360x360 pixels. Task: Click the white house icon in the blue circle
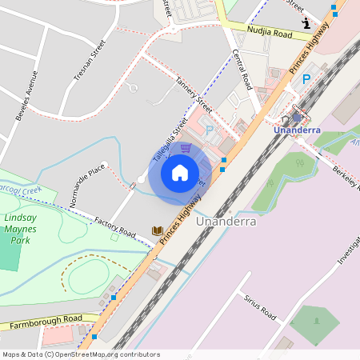click(x=180, y=172)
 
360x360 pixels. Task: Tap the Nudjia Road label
click(x=270, y=34)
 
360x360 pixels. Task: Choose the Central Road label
click(x=242, y=70)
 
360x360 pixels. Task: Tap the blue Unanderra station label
click(x=297, y=130)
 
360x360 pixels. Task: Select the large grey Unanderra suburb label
click(x=226, y=222)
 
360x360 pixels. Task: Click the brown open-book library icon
click(x=158, y=230)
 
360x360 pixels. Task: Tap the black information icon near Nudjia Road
click(x=306, y=24)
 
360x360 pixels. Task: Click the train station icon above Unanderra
click(x=297, y=117)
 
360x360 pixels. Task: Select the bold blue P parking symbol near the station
click(x=306, y=80)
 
